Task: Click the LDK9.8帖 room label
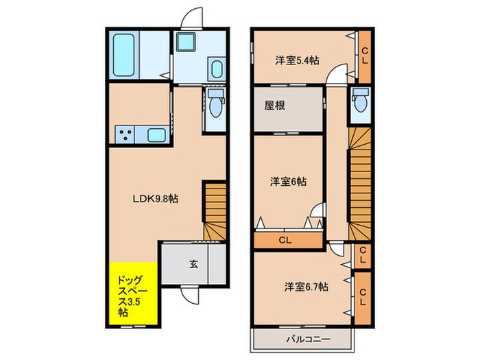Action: click(156, 199)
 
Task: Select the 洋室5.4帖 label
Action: click(297, 60)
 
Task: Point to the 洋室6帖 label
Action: click(288, 182)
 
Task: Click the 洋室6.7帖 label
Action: click(306, 286)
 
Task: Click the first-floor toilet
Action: click(217, 106)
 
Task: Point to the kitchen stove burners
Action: click(125, 135)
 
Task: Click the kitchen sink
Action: click(155, 135)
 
